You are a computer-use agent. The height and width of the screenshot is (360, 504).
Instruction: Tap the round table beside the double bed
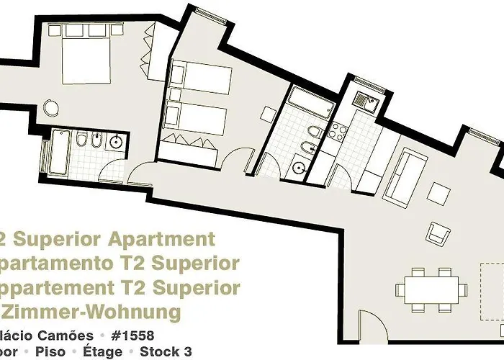click(51, 108)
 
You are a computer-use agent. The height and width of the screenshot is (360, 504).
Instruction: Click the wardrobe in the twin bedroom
click(189, 148)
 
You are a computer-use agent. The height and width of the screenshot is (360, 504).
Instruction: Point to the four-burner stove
click(337, 132)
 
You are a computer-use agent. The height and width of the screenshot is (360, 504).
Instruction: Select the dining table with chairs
click(428, 289)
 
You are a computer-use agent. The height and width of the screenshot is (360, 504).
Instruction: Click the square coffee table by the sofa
click(438, 194)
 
